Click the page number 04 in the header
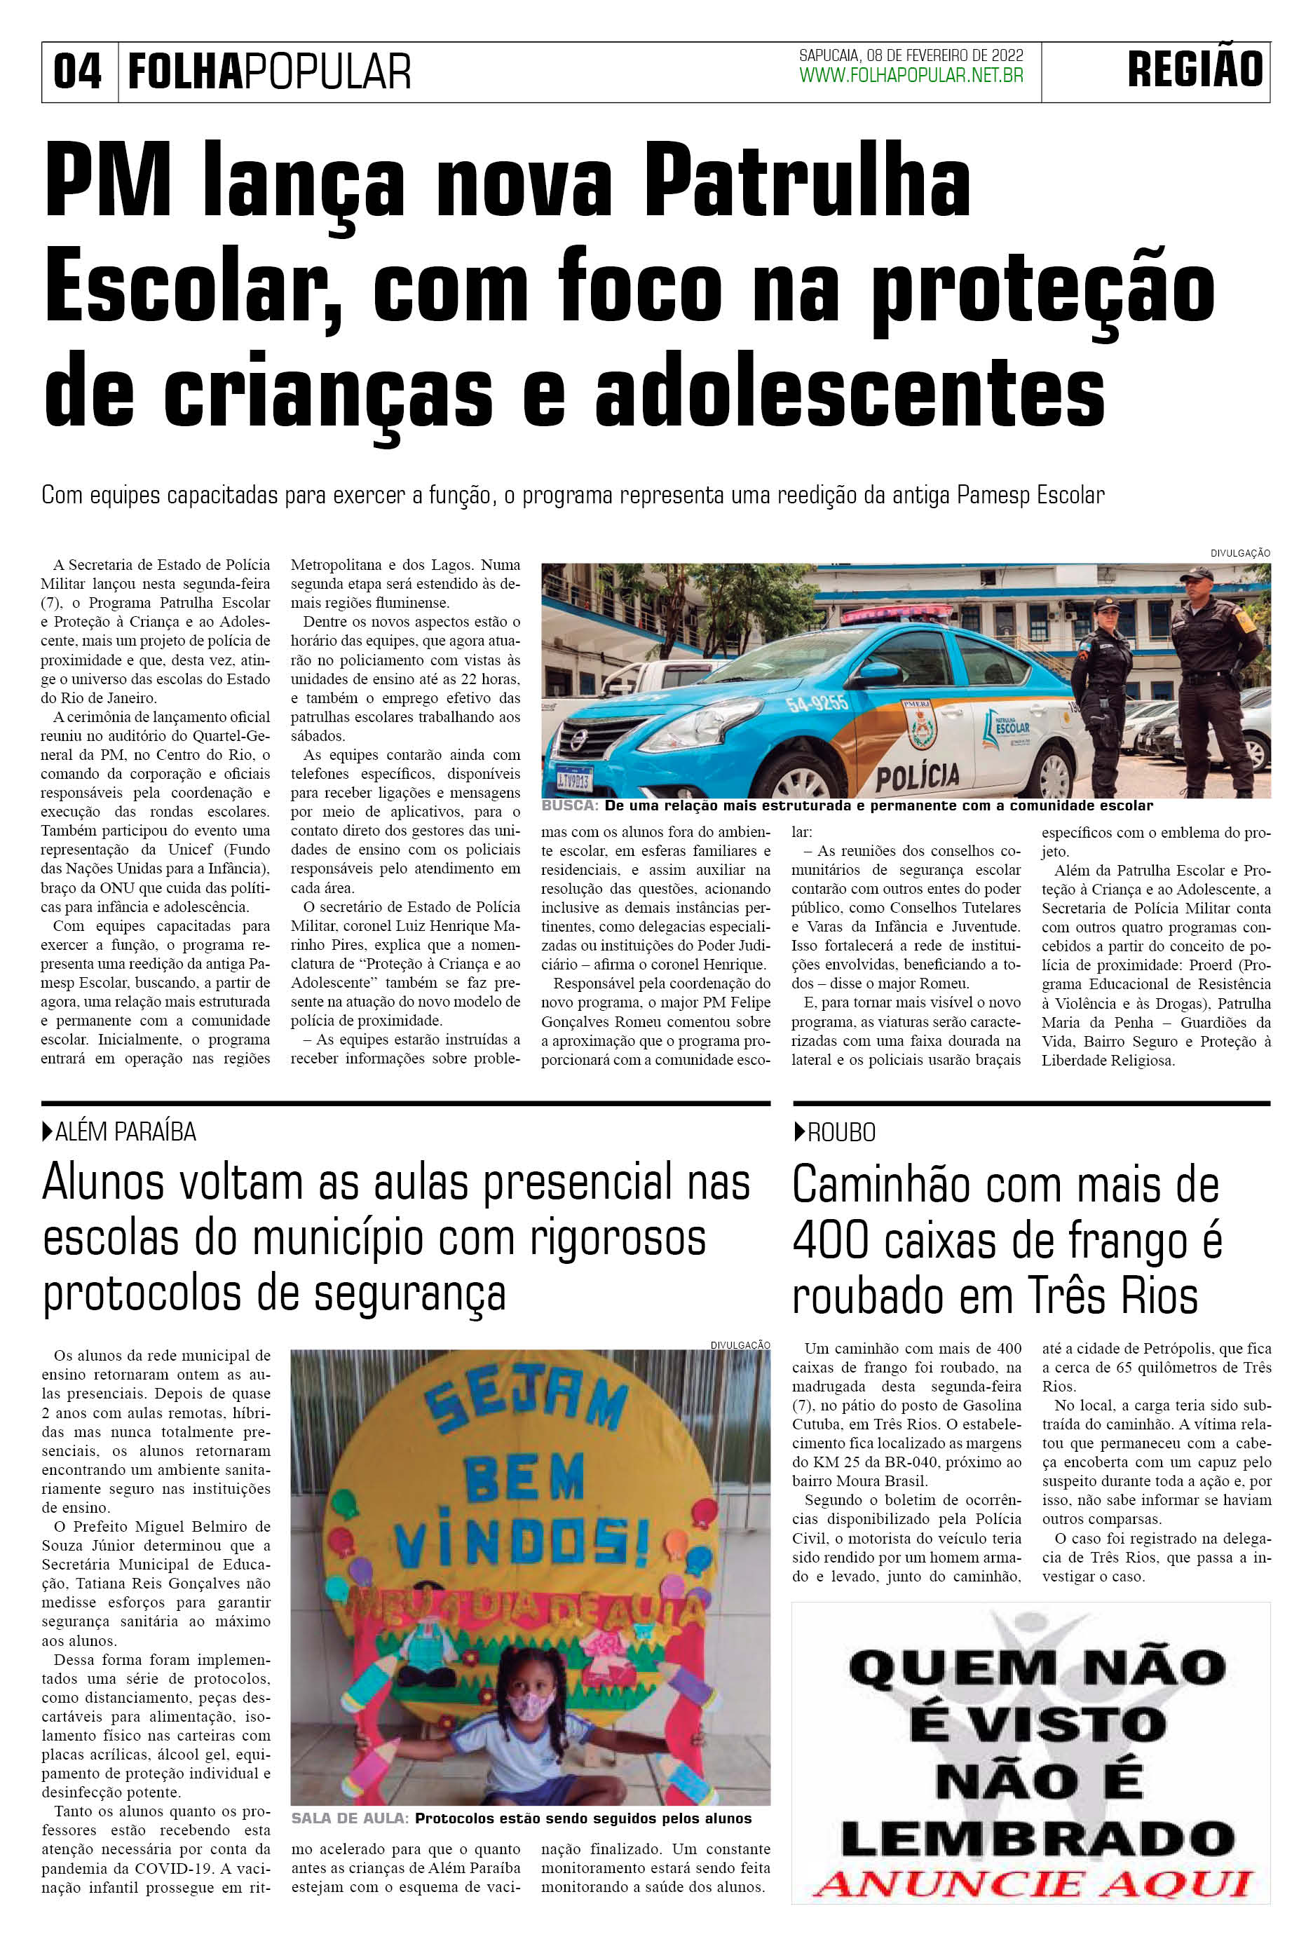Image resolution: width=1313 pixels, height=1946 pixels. (x=77, y=72)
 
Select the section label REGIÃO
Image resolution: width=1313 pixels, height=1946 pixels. (x=1195, y=70)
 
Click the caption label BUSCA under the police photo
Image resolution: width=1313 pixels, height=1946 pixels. (x=569, y=805)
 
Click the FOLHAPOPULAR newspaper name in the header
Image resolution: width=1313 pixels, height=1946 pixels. (x=270, y=72)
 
